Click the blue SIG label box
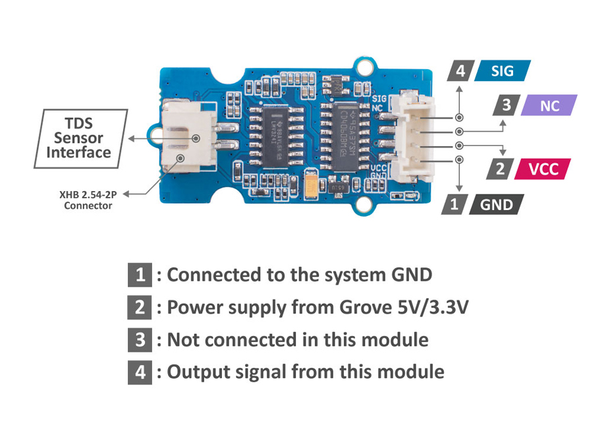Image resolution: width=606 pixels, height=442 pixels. click(502, 70)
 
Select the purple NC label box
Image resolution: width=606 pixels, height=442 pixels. click(549, 105)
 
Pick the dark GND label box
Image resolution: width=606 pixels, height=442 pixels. click(496, 204)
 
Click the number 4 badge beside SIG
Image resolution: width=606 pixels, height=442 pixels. click(460, 70)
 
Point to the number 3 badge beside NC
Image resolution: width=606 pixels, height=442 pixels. click(506, 105)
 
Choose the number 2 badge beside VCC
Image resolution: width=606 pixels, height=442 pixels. click(500, 169)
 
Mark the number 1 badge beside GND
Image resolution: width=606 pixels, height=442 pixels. click(453, 204)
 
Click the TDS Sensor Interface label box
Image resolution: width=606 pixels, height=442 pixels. click(78, 138)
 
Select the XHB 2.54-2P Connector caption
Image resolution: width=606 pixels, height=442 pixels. click(88, 200)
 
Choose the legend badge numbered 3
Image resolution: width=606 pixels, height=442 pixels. click(140, 340)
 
